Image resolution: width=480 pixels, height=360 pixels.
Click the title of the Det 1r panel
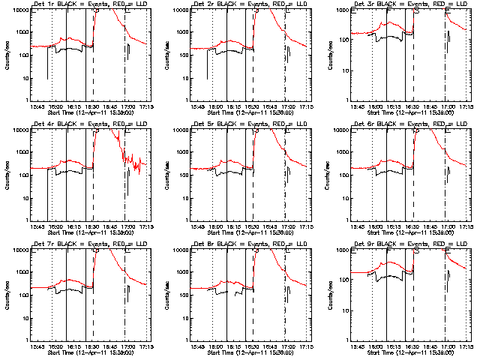coord(90,6)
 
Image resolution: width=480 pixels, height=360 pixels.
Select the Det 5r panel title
coord(250,126)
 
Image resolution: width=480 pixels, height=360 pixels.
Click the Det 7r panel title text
coord(90,246)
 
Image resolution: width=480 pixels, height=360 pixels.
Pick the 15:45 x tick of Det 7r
coord(37,346)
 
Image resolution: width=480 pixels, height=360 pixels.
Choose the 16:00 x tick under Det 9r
coord(382,346)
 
